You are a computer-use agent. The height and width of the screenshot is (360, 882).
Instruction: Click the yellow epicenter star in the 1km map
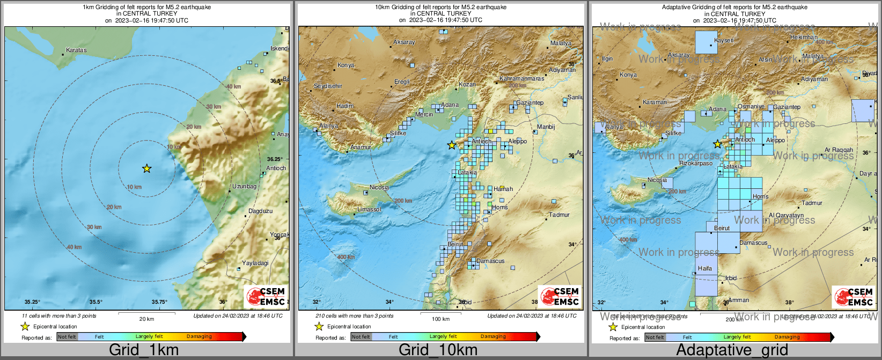[146, 168]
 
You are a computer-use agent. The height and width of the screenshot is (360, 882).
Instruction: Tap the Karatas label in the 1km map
[76, 50]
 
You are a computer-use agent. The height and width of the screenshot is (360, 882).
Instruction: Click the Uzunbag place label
[244, 186]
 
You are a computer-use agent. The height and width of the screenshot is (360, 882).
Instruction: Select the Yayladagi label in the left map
[255, 263]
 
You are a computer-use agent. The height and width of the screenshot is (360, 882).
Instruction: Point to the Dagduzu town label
[260, 211]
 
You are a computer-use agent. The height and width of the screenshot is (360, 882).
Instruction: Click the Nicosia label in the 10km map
[379, 187]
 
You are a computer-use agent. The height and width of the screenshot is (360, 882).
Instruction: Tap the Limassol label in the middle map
[369, 209]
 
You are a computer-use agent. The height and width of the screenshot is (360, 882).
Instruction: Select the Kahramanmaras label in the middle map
[521, 78]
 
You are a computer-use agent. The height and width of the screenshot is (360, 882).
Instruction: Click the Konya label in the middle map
[346, 65]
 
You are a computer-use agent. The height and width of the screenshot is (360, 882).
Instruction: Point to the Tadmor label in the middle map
[559, 215]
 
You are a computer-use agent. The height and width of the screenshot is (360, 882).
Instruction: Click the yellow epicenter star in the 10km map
[452, 145]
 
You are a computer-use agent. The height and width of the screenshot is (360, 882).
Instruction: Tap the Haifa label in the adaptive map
[705, 268]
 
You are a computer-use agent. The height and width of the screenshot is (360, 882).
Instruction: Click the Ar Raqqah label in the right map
[839, 150]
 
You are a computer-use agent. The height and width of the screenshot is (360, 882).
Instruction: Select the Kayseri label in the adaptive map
[724, 40]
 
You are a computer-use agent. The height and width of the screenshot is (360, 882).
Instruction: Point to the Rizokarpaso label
[696, 163]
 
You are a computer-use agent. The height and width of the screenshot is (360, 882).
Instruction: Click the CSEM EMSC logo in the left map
[266, 297]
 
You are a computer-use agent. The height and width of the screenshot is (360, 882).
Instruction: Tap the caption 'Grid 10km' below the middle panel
[438, 350]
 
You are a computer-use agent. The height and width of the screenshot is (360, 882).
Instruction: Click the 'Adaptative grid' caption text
[732, 350]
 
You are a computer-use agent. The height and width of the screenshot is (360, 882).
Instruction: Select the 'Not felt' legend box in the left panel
[67, 337]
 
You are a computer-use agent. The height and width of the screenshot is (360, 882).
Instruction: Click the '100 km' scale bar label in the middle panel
[440, 319]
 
